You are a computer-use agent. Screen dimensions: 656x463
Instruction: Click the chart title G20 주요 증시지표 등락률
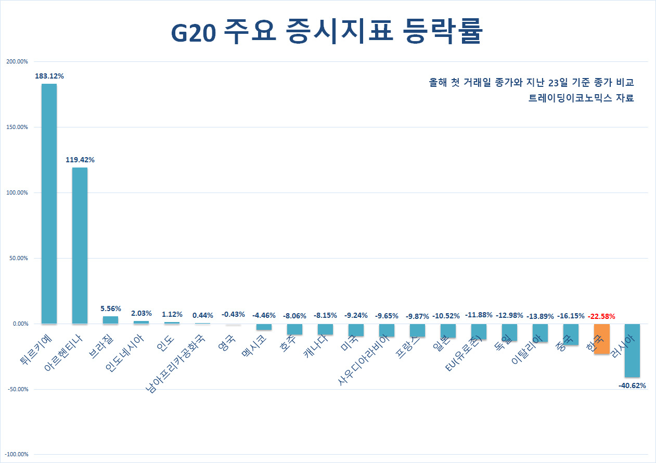[x=327, y=31]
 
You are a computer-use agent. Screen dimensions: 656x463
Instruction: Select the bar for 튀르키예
[x=49, y=204]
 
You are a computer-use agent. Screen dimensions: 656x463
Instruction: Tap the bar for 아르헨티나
[x=80, y=246]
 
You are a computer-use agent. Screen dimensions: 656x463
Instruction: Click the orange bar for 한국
[x=602, y=339]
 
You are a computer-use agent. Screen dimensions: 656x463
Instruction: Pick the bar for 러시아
[x=632, y=351]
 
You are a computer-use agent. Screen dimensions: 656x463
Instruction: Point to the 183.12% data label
[x=49, y=76]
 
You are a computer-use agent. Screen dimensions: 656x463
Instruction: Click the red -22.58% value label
[x=601, y=316]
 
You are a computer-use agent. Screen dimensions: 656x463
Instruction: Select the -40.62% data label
[x=632, y=385]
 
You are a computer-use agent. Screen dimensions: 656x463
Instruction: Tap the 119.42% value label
[x=80, y=160]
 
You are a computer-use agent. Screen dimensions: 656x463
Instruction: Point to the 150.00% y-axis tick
[x=17, y=127]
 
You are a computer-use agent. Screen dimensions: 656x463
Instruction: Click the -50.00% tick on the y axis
[x=18, y=389]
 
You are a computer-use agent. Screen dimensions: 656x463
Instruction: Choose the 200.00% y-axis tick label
[x=17, y=61]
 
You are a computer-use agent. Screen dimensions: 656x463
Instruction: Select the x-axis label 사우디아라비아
[x=364, y=359]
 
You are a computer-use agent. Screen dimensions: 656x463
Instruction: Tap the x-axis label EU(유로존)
[x=463, y=353]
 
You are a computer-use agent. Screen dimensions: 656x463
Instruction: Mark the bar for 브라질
[x=110, y=320]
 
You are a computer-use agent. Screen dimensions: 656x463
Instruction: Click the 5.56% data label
[x=111, y=308]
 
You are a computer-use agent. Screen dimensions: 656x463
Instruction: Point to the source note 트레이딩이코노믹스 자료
[x=581, y=98]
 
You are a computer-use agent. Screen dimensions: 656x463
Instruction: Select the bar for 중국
[x=571, y=335]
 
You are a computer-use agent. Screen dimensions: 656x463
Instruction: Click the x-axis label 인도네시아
[x=124, y=353]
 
